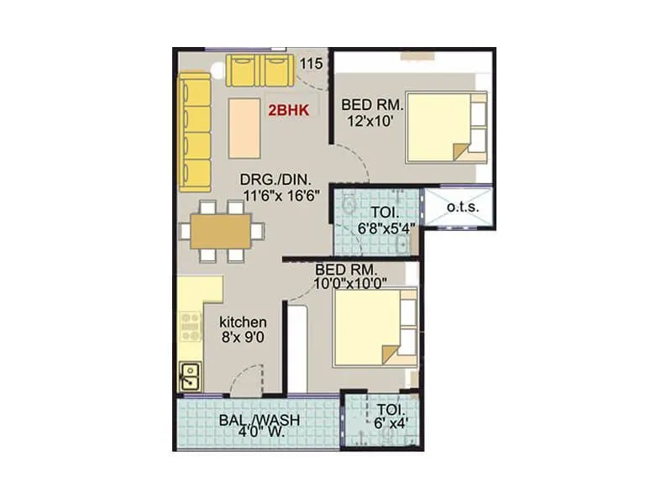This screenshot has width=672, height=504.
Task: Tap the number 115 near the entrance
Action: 311,64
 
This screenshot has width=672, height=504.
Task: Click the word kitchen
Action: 243,322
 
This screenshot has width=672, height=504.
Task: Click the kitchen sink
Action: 190,375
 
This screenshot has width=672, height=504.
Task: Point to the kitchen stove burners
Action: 191,326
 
